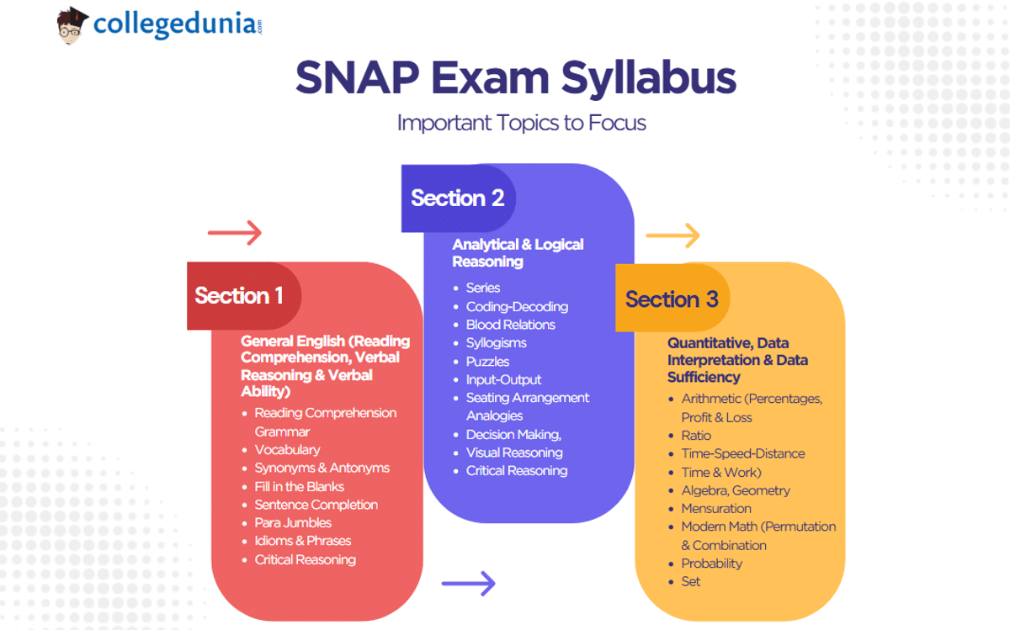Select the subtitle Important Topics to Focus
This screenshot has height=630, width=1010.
(x=521, y=123)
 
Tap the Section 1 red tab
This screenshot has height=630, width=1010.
(x=240, y=296)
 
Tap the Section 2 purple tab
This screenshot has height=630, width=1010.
(x=457, y=199)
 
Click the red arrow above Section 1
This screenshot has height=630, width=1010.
(x=235, y=233)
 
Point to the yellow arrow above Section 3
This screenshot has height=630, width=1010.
(x=672, y=236)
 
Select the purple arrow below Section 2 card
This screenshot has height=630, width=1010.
(x=468, y=582)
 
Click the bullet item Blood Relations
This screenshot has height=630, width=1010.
(x=510, y=325)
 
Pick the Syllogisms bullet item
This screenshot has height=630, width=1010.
(x=496, y=343)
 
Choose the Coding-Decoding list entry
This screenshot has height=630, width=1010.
(x=517, y=307)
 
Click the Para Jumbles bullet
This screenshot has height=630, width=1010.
(x=293, y=523)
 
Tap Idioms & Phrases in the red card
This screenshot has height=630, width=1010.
(x=303, y=541)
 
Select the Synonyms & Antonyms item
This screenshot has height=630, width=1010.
(x=322, y=469)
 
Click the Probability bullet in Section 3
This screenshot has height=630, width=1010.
(x=711, y=564)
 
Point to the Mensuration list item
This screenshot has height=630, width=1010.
(x=716, y=509)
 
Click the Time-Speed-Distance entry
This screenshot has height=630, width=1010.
(x=742, y=453)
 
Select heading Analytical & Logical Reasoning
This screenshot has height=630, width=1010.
(x=518, y=253)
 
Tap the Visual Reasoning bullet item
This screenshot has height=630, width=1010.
(x=514, y=453)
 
